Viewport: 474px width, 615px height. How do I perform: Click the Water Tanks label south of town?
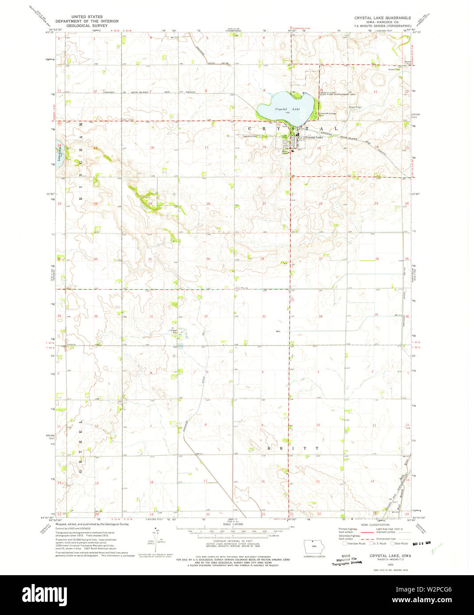285,152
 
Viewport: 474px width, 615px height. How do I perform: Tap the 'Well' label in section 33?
278,331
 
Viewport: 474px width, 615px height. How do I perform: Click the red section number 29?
208,259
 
